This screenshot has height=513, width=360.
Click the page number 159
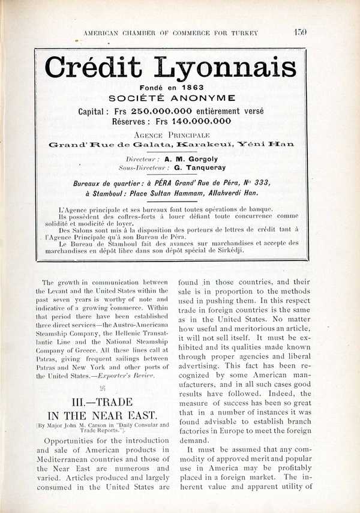point(300,32)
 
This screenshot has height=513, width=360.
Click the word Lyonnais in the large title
point(234,69)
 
